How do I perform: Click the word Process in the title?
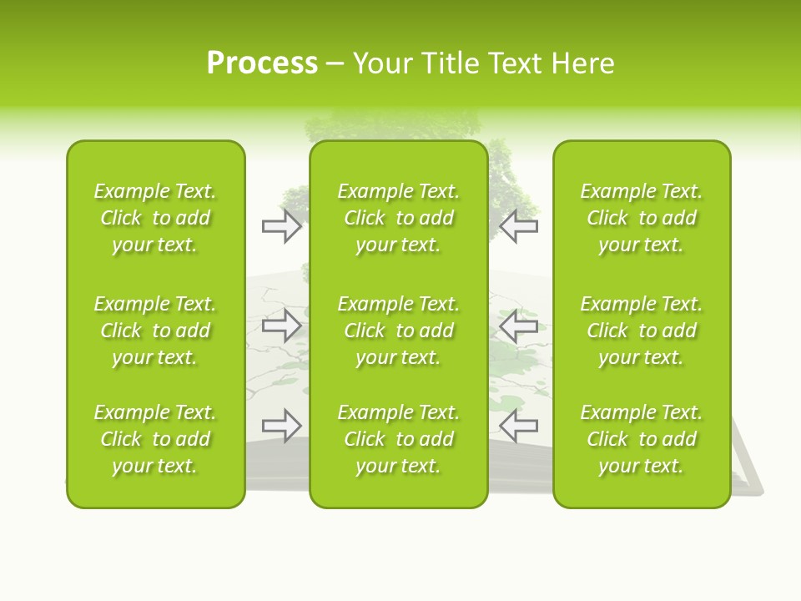262,63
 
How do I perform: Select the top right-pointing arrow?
282,226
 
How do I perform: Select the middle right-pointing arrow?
282,326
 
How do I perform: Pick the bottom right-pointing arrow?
282,426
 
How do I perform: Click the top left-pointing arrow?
518,226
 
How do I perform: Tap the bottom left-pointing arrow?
518,426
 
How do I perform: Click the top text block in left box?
155,218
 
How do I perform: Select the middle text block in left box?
155,331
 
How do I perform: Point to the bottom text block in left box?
155,439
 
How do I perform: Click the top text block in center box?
398,218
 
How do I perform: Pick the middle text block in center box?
398,331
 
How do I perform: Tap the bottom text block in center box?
398,439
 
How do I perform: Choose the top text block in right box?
641,218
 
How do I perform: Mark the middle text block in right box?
641,331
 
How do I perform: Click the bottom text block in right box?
641,439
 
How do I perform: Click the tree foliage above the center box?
392,125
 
